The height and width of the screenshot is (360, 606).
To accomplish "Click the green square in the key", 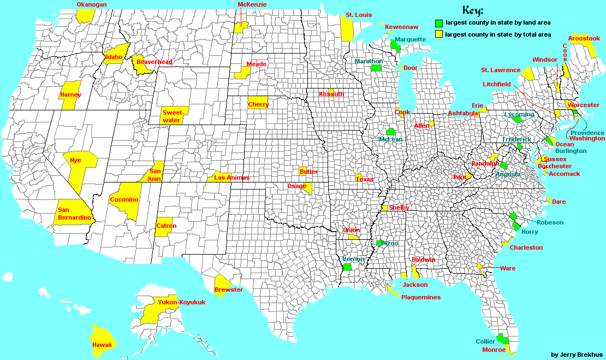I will pos(438,23).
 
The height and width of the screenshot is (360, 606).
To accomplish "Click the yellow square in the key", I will pos(438,34).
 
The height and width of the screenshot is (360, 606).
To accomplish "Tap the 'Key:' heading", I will pos(472,10).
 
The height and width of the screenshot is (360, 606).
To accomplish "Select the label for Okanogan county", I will pos(92,4).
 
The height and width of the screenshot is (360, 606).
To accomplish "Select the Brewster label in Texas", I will pos(229,290).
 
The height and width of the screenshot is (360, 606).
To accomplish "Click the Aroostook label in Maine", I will pos(584,38).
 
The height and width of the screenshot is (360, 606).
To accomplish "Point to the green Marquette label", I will pos(410,39).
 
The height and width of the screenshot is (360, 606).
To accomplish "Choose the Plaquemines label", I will pos(420,297).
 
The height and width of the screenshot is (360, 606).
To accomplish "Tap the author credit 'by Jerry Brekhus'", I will pos(577,355).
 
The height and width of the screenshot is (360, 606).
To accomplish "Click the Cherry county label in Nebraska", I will pos(258,104).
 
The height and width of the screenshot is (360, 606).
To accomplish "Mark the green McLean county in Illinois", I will pos(390,132).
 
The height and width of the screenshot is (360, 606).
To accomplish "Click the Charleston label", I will pos(526,247).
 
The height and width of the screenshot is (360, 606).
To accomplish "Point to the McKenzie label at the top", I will pos(252,4).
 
